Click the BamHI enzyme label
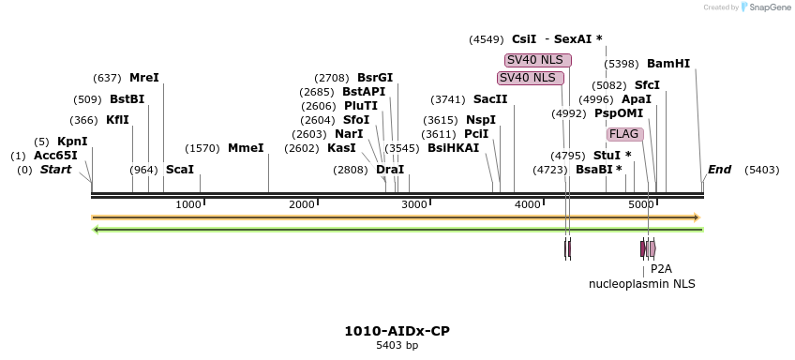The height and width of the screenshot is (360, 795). [667, 64]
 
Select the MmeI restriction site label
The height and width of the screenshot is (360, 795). [245, 148]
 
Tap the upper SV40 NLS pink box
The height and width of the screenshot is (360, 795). [537, 60]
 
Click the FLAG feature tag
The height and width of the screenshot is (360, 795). [623, 134]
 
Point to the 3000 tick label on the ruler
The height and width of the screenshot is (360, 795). [414, 204]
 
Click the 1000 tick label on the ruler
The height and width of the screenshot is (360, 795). [188, 204]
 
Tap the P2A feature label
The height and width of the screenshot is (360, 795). [661, 268]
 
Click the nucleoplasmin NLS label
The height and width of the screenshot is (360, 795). [641, 283]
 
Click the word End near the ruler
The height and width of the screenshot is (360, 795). [719, 170]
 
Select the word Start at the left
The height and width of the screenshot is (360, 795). [55, 170]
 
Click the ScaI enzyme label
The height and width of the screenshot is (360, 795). [179, 170]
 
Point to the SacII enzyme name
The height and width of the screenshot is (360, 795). [490, 99]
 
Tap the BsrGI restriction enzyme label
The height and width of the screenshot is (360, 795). [375, 78]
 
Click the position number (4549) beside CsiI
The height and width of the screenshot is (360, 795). [486, 39]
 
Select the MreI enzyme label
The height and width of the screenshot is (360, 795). [143, 78]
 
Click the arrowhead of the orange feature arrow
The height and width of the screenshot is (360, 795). [697, 217]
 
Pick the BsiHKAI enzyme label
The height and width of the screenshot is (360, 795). [453, 148]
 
